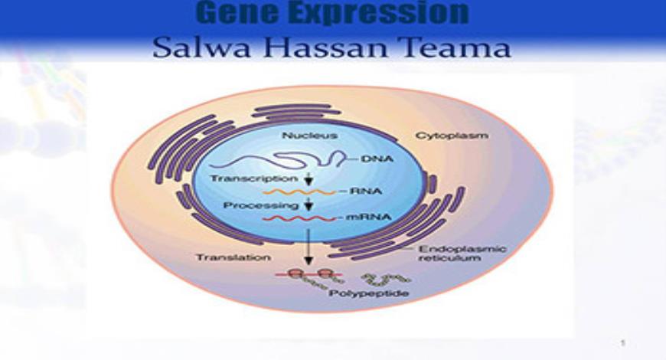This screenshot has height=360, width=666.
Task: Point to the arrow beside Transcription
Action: tap(309, 179)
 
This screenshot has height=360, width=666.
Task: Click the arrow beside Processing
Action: tap(309, 205)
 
